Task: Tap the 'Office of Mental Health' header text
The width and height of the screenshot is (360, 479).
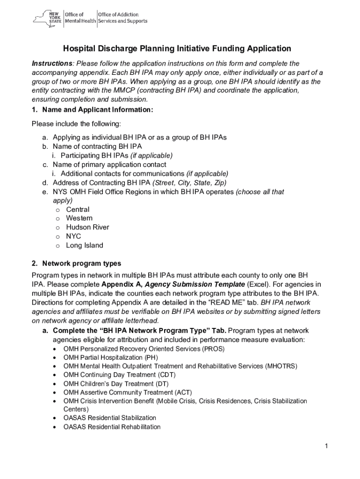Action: click(80, 18)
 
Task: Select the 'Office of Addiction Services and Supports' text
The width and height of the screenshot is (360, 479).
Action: click(122, 18)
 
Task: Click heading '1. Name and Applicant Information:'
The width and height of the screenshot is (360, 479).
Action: click(93, 110)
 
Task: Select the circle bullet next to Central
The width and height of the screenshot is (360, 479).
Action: click(58, 210)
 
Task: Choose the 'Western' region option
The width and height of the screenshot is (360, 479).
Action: click(79, 218)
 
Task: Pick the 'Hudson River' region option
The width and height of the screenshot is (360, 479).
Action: click(87, 227)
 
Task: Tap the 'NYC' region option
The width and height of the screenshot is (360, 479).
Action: click(73, 236)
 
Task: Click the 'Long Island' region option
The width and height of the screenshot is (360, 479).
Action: click(85, 246)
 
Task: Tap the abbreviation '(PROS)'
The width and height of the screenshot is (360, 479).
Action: click(214, 349)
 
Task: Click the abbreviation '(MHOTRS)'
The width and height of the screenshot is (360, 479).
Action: click(281, 366)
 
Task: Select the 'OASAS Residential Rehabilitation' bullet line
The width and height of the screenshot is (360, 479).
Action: click(112, 427)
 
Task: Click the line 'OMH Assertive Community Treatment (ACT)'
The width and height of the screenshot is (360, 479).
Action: click(128, 392)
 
